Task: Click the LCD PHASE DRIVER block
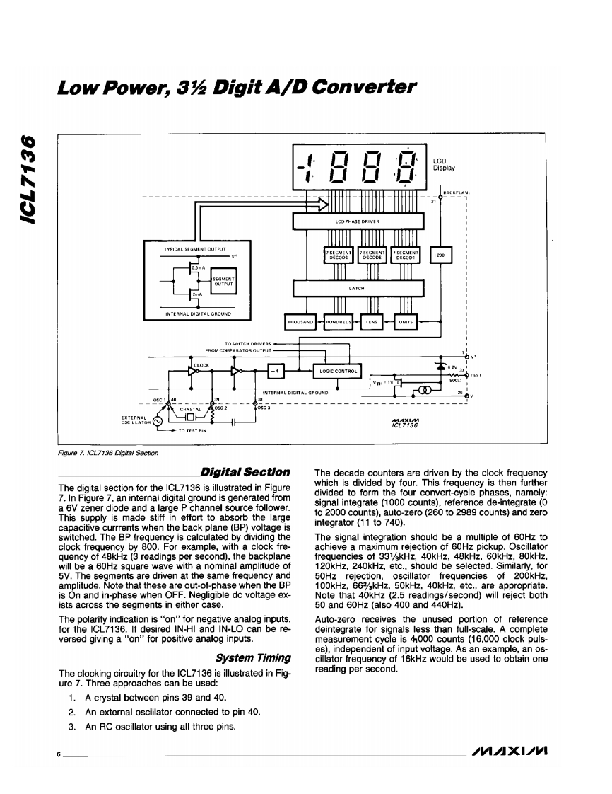(x=359, y=221)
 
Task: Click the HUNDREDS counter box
(x=339, y=323)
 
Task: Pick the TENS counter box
(x=371, y=323)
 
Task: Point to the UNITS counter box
(x=406, y=323)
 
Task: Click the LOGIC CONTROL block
(x=338, y=370)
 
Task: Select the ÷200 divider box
(x=440, y=255)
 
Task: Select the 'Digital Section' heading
(x=245, y=472)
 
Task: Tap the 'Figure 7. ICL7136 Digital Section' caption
(x=108, y=453)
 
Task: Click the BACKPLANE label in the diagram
(x=457, y=192)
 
